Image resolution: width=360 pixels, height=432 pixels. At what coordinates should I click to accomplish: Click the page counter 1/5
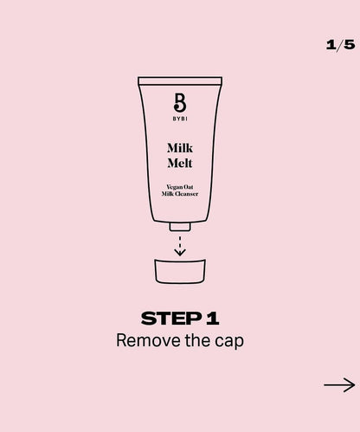[340, 45]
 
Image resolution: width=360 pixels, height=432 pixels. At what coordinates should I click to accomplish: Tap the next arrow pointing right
[339, 385]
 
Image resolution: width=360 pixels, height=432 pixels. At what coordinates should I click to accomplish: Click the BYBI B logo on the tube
[180, 102]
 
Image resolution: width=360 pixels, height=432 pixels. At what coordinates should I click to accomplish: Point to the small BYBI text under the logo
[180, 119]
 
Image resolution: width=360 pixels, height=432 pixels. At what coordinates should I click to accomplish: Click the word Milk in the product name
[180, 148]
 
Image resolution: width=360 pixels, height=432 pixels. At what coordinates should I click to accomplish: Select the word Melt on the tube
[180, 163]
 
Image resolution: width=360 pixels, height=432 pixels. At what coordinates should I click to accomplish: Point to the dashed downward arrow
[180, 246]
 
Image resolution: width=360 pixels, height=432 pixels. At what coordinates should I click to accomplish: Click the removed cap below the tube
[180, 271]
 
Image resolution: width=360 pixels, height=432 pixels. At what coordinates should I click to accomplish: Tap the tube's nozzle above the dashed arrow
[180, 227]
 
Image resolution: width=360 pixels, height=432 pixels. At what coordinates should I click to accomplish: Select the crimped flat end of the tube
[180, 81]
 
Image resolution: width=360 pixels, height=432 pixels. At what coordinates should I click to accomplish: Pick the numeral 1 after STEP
[213, 319]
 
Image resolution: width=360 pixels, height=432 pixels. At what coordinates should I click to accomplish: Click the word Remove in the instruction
[148, 340]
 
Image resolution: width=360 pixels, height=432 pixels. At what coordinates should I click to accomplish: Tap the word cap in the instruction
[229, 342]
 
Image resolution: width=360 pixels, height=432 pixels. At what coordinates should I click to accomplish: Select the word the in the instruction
[197, 340]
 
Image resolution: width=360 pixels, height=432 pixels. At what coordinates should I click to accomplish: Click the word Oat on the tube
[188, 187]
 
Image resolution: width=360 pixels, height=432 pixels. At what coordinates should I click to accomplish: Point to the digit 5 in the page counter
[350, 45]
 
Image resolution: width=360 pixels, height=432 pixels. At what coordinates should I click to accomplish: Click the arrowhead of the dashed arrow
[180, 253]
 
